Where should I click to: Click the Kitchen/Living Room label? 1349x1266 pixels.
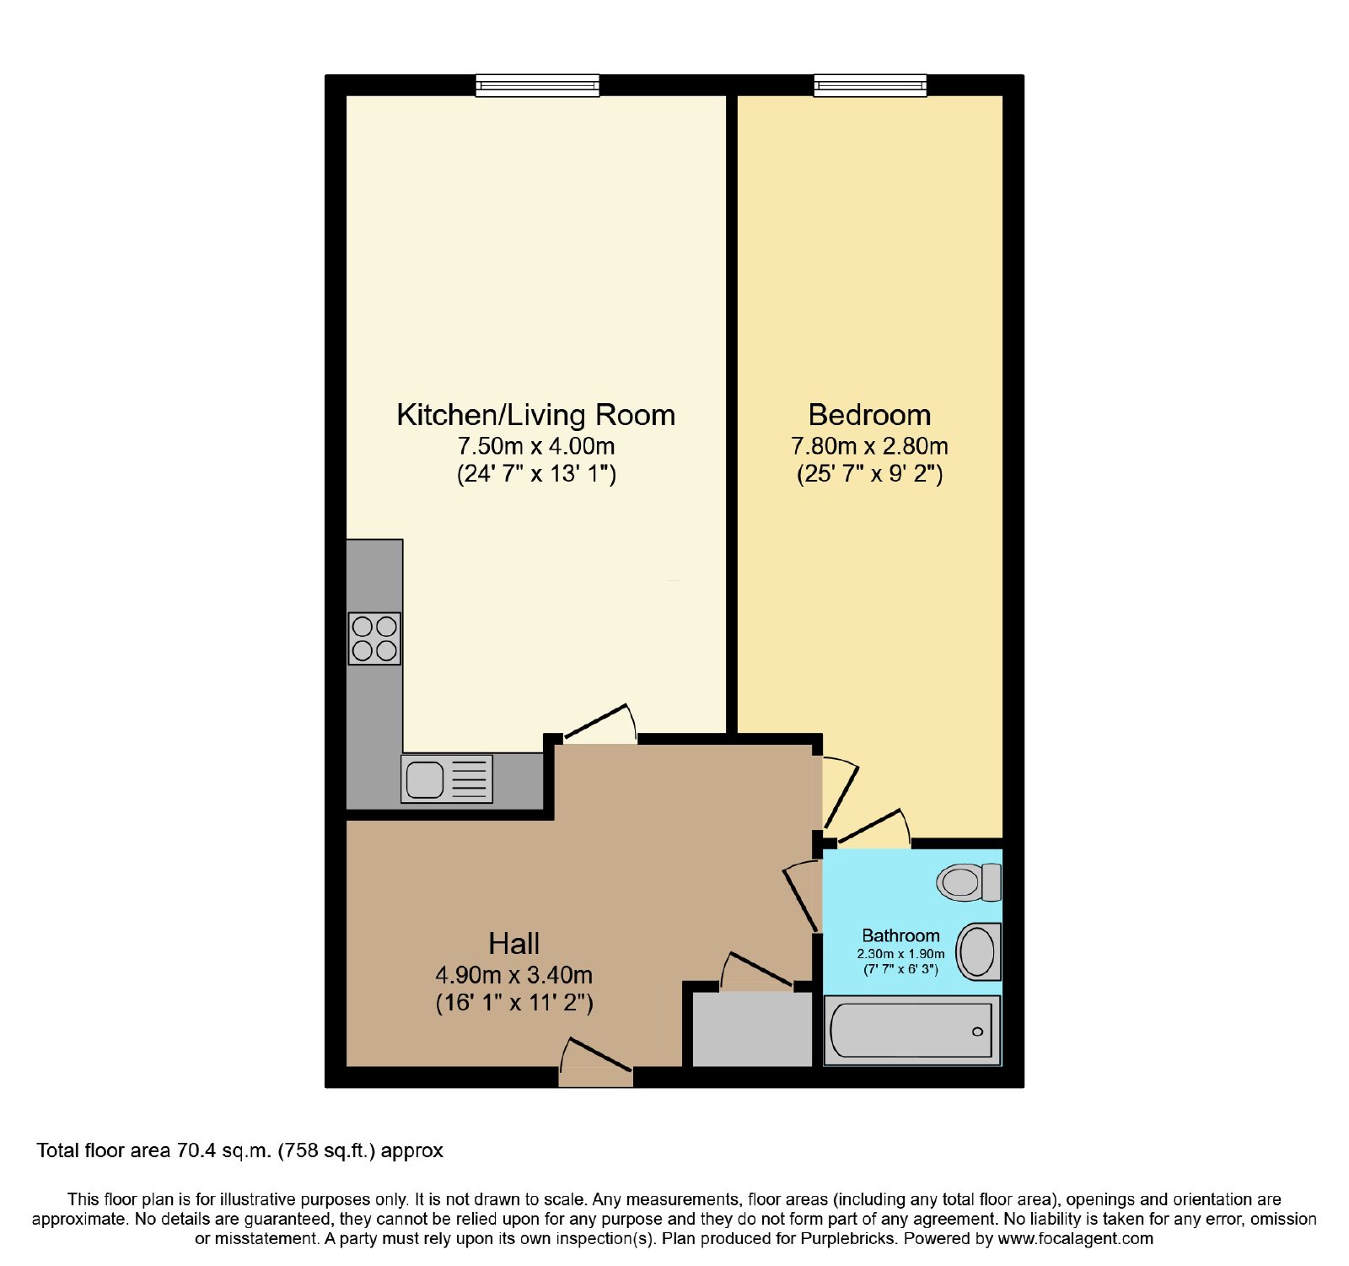click(535, 415)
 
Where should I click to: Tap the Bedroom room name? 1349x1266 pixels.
click(869, 415)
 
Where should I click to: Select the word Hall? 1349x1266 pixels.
click(513, 943)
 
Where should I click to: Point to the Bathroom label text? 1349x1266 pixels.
click(900, 935)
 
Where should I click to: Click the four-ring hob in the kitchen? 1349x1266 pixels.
click(374, 638)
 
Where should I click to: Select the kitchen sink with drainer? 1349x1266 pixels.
click(447, 778)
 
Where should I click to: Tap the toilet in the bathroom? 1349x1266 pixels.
click(969, 882)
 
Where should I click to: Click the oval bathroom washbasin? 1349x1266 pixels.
click(978, 951)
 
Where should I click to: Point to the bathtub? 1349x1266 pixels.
click(912, 1030)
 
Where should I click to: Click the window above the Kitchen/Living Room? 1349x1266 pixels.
click(537, 85)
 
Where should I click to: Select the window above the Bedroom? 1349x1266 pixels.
click(870, 85)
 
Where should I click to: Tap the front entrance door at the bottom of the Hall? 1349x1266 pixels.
click(596, 1065)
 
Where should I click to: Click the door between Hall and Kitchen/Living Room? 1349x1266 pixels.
click(599, 725)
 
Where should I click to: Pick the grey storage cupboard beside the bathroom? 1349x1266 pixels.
click(752, 1029)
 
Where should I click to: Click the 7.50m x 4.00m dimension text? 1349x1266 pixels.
click(536, 446)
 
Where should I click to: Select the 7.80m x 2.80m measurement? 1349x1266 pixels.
click(869, 446)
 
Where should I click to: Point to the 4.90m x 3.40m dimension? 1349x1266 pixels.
click(514, 975)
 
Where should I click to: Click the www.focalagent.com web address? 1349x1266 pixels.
click(1076, 1239)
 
